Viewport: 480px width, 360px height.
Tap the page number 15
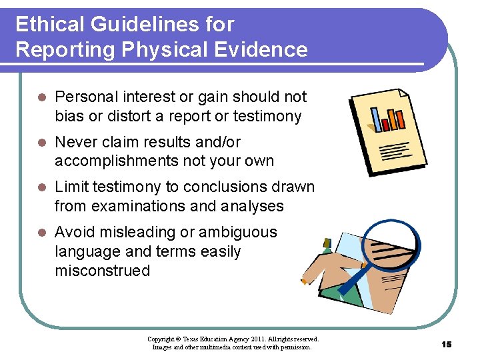[x=446, y=344]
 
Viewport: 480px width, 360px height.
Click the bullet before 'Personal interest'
[x=41, y=97]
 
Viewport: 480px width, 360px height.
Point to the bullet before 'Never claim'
[x=41, y=143]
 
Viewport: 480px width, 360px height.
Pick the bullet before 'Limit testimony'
[x=41, y=187]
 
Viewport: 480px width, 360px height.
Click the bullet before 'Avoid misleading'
[x=41, y=233]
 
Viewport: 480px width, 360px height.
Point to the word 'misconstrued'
[x=102, y=271]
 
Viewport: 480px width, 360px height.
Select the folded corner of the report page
[x=402, y=95]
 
